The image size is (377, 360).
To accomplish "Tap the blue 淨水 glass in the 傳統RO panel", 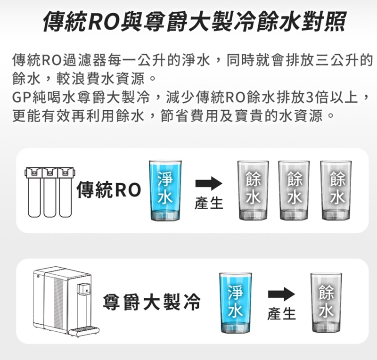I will point(164,190).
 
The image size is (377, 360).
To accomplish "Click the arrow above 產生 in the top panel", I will point(208,183).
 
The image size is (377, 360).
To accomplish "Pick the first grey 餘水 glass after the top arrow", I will point(253,190).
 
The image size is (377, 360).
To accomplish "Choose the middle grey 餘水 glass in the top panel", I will point(294,190).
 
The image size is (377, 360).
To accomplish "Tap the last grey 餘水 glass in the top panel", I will point(336,190).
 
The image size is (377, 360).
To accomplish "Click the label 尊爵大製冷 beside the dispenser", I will point(152,302).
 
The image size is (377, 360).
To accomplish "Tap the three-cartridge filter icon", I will point(49,191).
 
